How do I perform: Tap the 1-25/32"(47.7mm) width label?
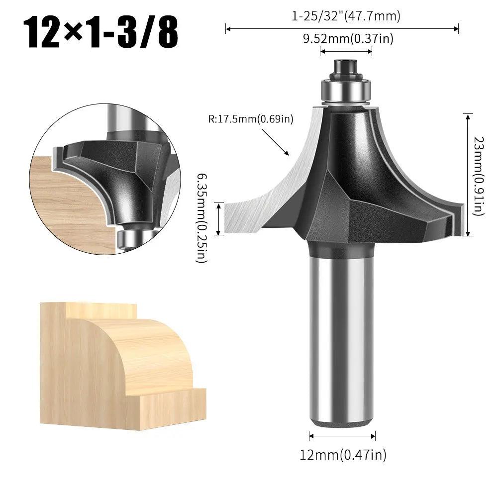tap(346, 16)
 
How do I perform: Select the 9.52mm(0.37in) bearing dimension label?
tap(348, 39)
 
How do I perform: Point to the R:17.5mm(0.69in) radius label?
tap(251, 119)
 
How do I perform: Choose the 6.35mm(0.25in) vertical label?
tap(201, 218)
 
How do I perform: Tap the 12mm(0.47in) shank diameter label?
tap(342, 454)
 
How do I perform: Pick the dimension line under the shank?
tap(342, 436)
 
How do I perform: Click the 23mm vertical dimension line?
tap(468, 174)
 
